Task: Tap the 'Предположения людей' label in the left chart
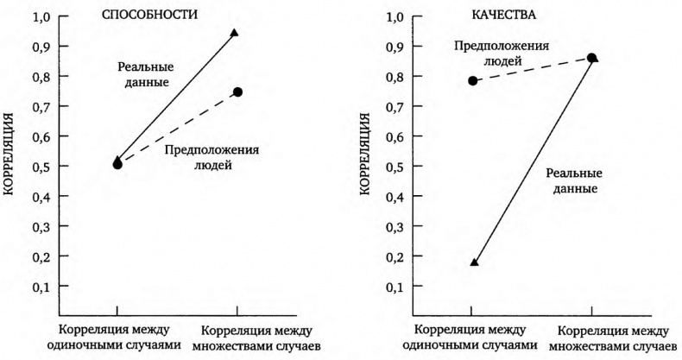212,156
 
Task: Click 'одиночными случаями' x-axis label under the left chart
116,345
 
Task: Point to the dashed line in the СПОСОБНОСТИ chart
177,128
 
